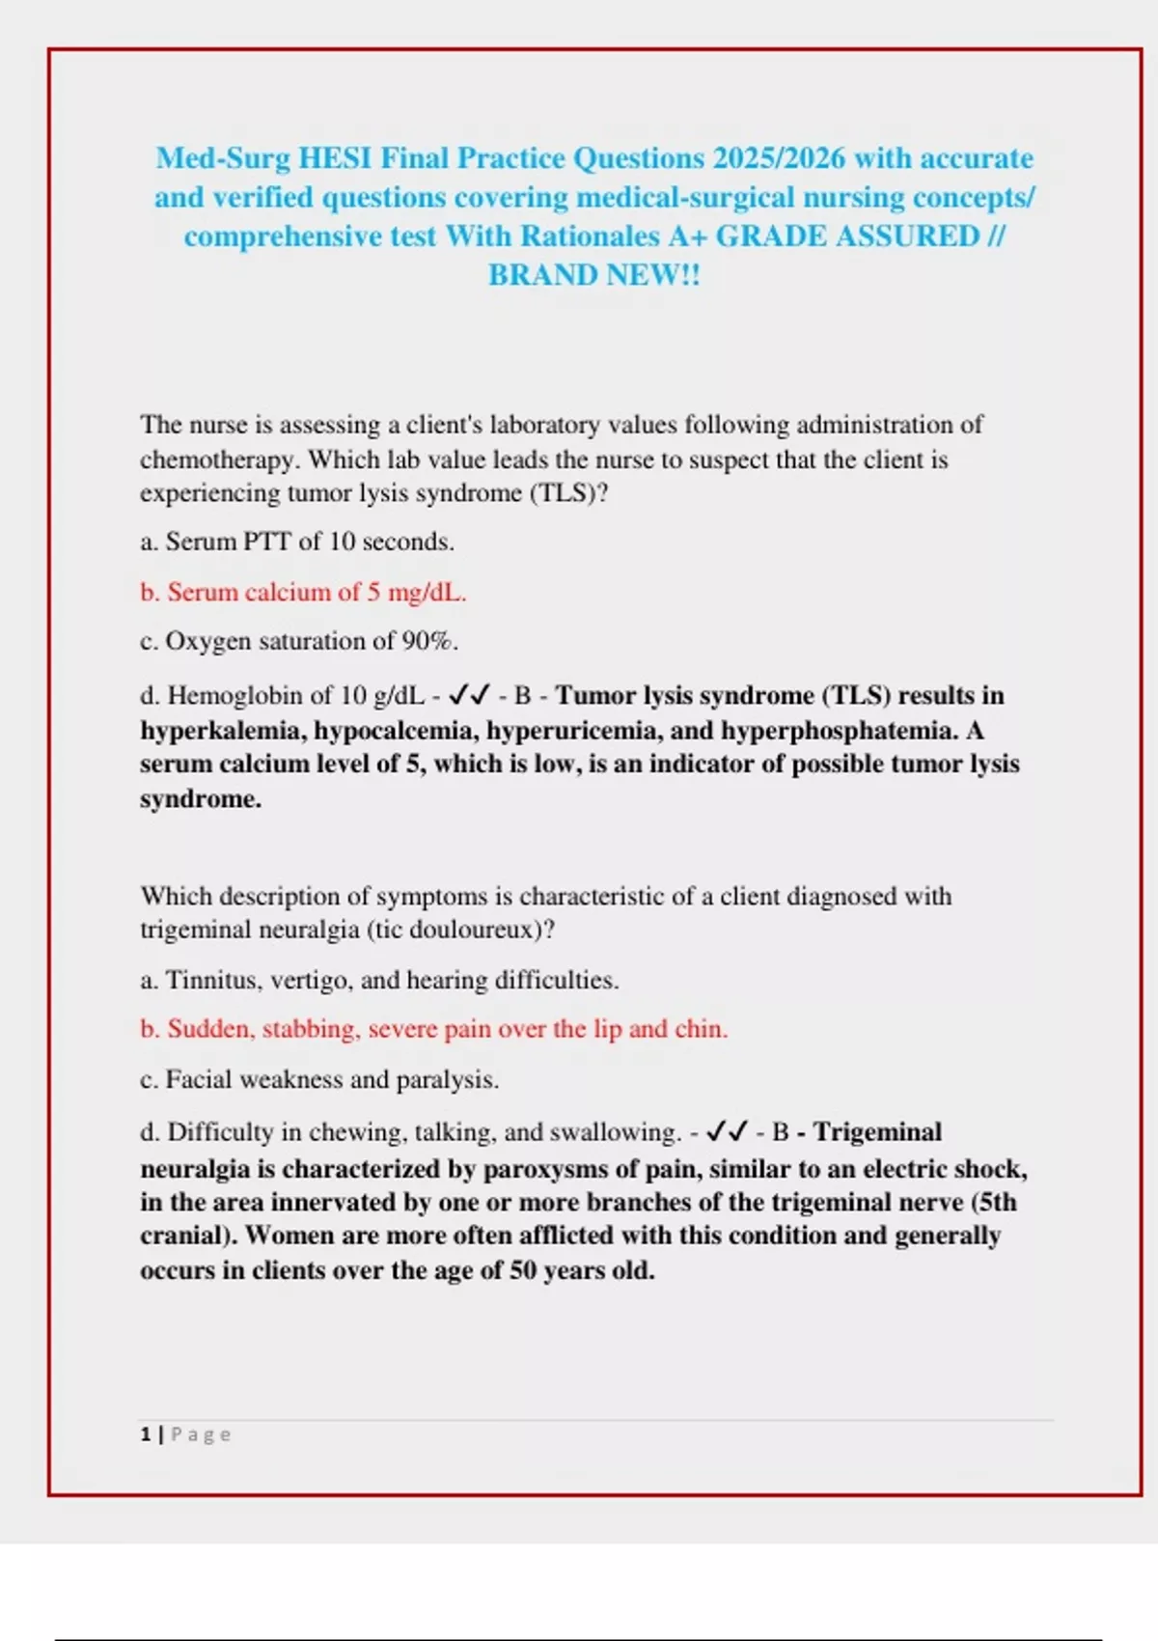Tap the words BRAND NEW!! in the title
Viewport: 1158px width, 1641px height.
(593, 275)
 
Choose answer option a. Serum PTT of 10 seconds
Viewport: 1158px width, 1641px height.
(297, 542)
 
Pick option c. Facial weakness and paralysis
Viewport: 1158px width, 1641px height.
(319, 1079)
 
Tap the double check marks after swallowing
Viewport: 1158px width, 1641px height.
(728, 1131)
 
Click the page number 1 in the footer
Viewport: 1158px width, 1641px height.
(146, 1434)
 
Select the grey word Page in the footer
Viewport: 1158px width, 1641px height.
(201, 1434)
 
